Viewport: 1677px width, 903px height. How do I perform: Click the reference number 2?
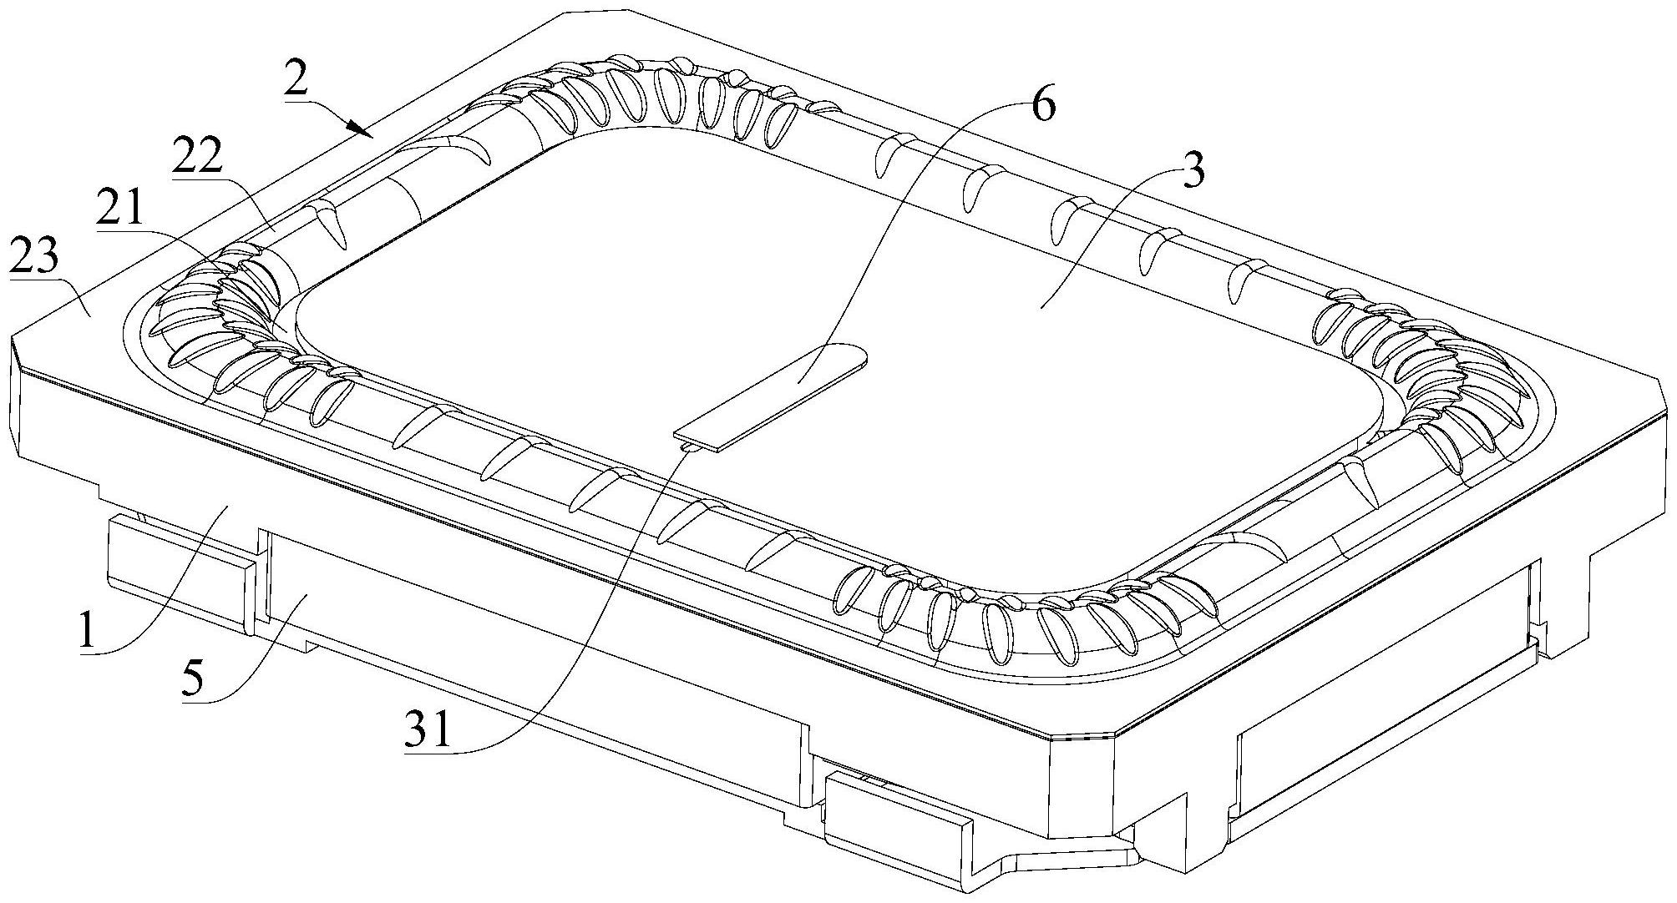point(297,82)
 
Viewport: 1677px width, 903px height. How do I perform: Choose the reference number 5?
point(192,679)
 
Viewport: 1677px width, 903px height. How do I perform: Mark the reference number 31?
point(428,730)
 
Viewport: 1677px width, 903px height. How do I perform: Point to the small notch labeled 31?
point(688,448)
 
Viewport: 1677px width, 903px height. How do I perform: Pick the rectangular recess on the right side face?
point(1378,734)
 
